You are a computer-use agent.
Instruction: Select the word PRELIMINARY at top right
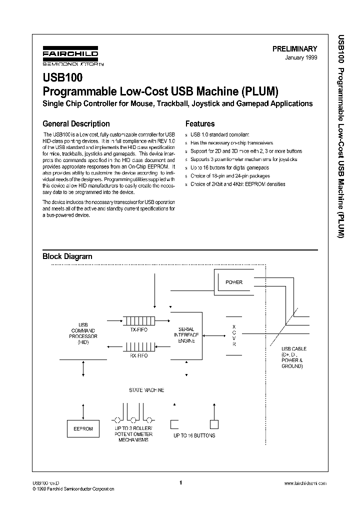click(294, 49)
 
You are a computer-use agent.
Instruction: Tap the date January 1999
click(301, 58)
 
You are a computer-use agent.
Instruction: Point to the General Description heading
click(76, 123)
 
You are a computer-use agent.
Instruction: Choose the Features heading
click(200, 123)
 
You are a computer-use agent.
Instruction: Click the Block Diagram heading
click(67, 256)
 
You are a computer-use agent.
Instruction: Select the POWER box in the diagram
click(233, 282)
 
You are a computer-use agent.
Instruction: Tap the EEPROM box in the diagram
click(83, 429)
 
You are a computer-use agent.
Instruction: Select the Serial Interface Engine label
click(186, 332)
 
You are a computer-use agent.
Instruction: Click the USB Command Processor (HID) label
click(83, 333)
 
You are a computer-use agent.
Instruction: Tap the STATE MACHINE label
click(146, 390)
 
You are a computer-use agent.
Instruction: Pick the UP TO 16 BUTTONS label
click(194, 435)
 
